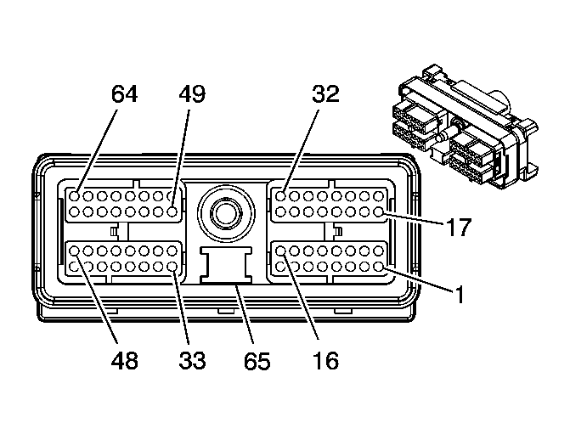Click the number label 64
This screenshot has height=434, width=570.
coord(124,93)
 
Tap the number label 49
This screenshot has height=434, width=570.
coord(192,93)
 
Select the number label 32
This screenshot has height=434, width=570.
coord(325,93)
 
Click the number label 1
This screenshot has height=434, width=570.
coord(458,295)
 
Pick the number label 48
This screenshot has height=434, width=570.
coord(124,360)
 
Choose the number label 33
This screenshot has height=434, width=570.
coord(192,360)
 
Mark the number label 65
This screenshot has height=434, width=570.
coord(257,360)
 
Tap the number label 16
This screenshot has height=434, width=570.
coord(325,360)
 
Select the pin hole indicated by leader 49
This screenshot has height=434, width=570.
coord(172,195)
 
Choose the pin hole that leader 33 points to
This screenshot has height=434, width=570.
coord(172,266)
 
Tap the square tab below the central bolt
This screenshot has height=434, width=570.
coord(225,263)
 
